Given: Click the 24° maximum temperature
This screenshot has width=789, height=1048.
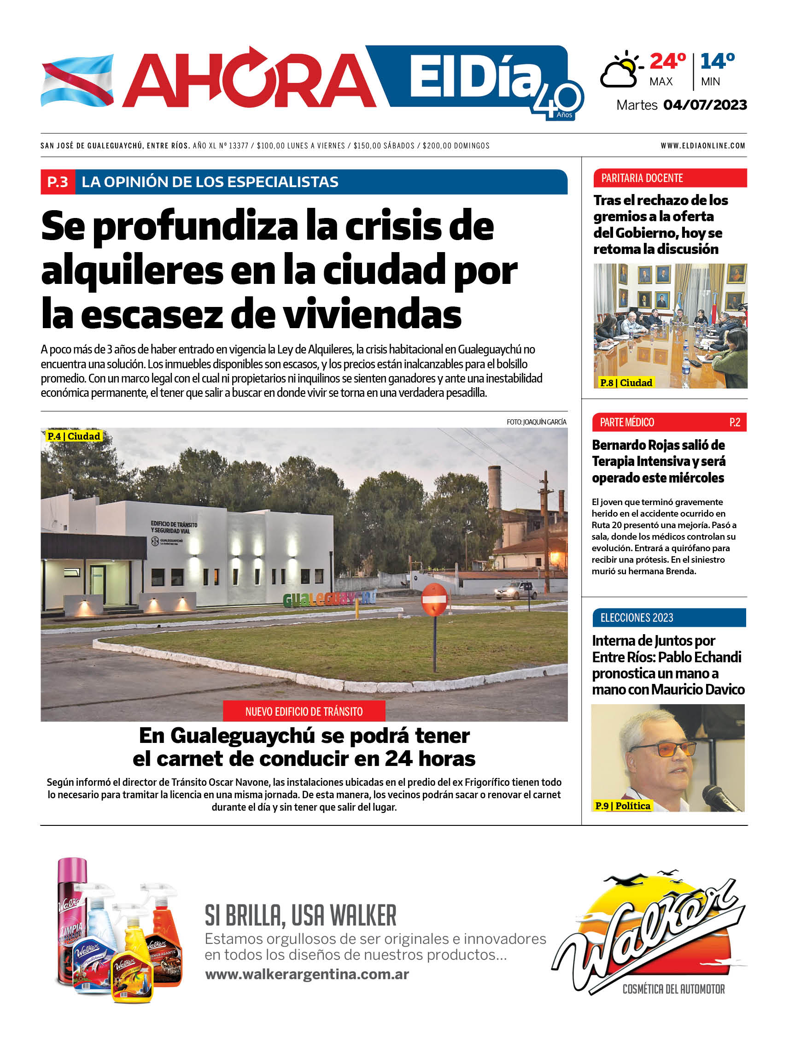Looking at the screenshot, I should pos(667,62).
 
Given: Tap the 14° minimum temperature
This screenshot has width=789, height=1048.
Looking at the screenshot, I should pos(717,62).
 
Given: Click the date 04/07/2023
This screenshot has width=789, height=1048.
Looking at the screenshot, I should pos(705,105).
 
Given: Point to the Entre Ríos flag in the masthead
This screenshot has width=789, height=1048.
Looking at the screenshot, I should pos(77,81).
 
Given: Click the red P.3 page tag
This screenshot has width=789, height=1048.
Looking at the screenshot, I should pos(58,182).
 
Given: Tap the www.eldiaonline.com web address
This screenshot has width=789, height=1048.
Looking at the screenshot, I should pos(703,146).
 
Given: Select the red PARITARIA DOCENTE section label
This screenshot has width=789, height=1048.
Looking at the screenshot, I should pos(642,178).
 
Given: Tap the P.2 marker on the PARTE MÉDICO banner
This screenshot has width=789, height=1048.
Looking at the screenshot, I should pos(735,422).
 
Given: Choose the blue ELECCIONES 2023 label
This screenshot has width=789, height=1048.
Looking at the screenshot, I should pos(637,618).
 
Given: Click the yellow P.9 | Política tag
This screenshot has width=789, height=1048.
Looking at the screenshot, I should pos(622,806).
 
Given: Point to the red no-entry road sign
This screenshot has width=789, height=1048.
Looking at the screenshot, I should pos(434,599).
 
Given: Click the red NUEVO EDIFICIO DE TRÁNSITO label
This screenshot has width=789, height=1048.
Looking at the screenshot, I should pos(304,711).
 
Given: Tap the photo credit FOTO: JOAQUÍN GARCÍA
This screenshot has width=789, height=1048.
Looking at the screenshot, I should pos(536,422).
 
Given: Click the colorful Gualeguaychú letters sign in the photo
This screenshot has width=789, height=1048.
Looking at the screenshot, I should pos(329,599).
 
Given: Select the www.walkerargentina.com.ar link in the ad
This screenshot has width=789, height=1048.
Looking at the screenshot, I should pos(307,974).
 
